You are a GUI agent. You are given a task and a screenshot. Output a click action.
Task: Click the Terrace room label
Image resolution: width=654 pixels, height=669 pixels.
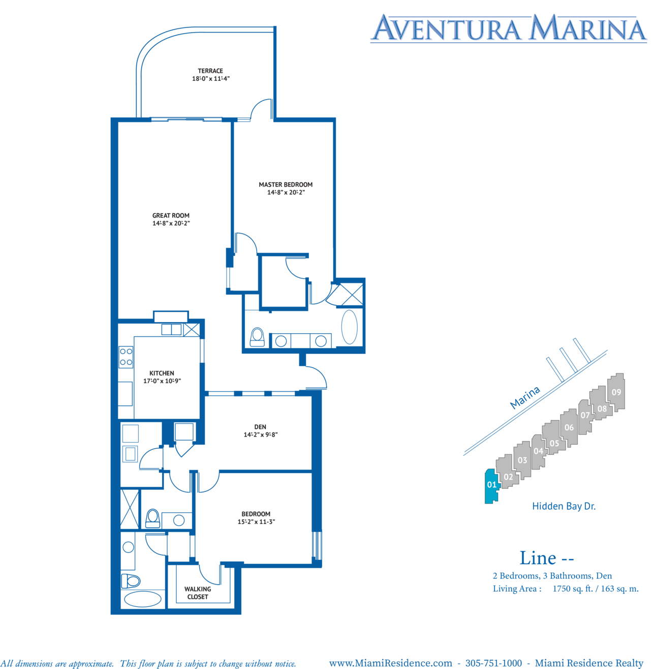click(210, 71)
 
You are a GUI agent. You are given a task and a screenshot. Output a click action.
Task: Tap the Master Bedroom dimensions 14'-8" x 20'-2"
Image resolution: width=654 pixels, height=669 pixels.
click(286, 192)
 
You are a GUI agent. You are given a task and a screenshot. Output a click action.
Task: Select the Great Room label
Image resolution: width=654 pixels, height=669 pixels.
click(171, 216)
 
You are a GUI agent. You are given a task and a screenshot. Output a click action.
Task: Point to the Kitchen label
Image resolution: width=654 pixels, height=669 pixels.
click(162, 373)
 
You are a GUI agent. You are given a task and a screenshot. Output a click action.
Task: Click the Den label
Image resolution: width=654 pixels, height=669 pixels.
click(260, 427)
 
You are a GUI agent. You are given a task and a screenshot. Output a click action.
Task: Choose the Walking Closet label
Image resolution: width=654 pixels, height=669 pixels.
click(198, 593)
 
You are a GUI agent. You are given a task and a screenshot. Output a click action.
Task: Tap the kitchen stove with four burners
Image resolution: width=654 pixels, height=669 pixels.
click(126, 357)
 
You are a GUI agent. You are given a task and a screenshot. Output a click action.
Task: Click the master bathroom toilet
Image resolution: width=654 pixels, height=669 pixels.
click(257, 337)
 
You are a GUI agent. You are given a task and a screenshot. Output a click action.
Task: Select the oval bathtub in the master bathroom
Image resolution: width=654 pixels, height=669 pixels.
click(349, 327)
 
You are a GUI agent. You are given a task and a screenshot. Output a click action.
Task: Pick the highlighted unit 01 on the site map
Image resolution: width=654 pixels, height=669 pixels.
click(491, 485)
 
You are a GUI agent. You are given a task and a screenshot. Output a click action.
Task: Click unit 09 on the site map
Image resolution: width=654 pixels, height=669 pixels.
click(616, 392)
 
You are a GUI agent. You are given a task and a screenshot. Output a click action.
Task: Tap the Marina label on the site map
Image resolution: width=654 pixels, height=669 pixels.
click(525, 397)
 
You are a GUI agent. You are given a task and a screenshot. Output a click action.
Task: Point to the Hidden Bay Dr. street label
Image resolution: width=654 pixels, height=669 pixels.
click(564, 506)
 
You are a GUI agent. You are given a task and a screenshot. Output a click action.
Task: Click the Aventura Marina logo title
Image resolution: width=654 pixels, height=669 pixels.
click(509, 28)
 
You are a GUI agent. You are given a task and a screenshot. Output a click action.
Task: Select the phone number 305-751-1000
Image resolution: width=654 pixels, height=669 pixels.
click(493, 663)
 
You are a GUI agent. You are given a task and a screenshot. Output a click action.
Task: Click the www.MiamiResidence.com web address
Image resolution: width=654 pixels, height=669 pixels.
click(390, 663)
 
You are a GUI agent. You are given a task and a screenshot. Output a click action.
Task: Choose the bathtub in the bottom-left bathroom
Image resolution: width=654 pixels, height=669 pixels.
click(142, 599)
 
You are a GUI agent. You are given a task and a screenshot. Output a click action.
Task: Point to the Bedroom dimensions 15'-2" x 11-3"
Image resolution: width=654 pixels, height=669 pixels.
click(256, 522)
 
